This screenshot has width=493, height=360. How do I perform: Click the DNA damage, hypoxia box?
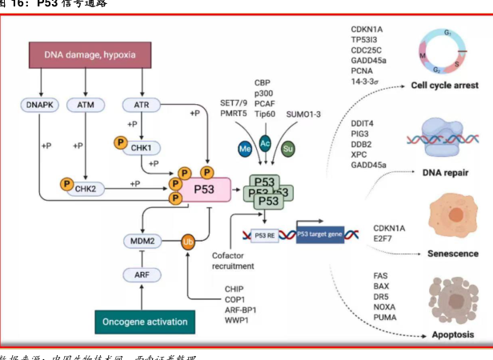click(x=90, y=54)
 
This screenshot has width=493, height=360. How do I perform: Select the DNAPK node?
click(x=39, y=104)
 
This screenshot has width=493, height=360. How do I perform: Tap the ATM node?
click(x=85, y=104)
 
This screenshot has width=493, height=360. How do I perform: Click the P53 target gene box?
click(x=323, y=234)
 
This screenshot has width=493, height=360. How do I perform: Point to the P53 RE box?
click(x=267, y=234)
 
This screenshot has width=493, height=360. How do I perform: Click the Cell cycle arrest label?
click(x=445, y=85)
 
